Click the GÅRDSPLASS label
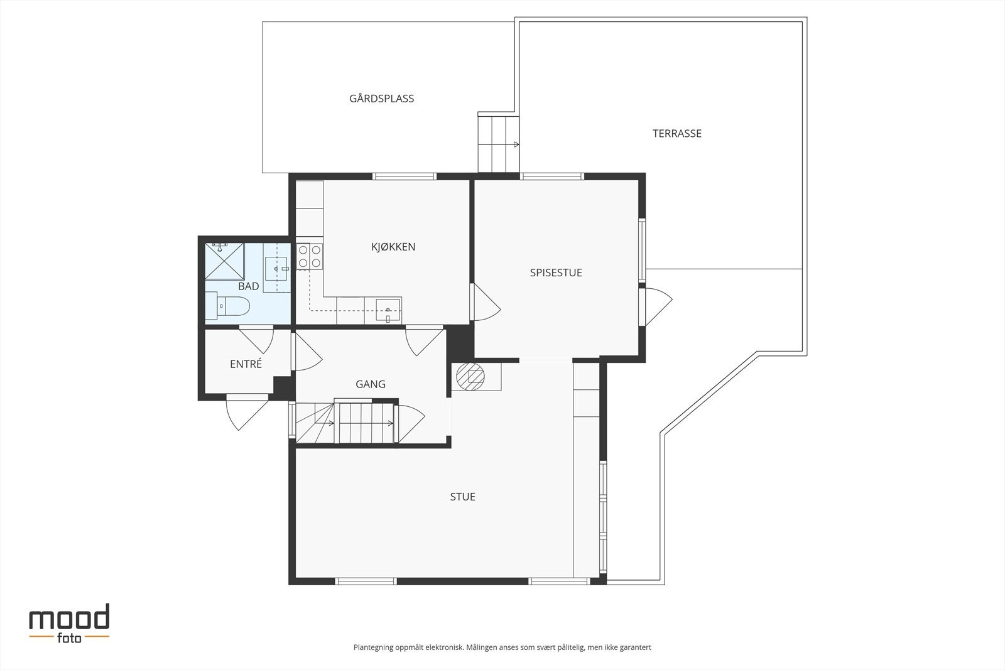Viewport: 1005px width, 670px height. (381, 98)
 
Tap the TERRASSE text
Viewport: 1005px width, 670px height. (676, 133)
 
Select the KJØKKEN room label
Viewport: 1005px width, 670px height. (393, 246)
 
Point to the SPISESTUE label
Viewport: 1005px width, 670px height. (556, 273)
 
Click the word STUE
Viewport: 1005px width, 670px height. (462, 497)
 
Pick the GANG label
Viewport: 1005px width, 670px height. (370, 384)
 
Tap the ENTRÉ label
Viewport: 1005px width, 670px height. (246, 364)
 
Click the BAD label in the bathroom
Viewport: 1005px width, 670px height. (248, 286)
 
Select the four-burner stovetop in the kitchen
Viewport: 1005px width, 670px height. (309, 256)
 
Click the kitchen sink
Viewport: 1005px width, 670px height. (388, 310)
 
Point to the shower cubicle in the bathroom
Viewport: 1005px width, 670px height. (224, 261)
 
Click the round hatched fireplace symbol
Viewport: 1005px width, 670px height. (470, 376)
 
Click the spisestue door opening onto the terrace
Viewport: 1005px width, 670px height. (655, 307)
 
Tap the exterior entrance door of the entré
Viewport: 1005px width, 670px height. (247, 412)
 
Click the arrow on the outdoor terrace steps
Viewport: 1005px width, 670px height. (516, 144)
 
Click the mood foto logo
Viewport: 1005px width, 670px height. (69, 624)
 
